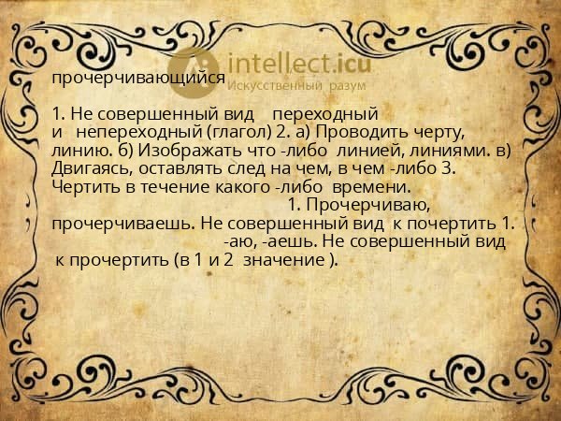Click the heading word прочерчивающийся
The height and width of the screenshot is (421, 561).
138,80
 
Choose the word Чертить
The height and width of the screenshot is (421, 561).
81,187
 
